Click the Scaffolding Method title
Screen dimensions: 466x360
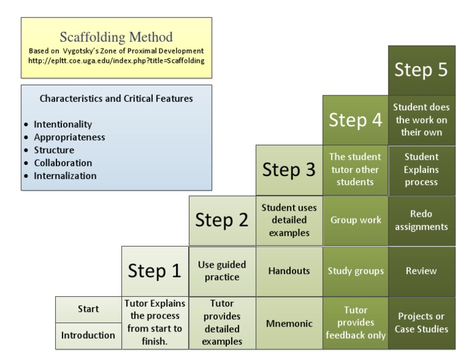click(116, 37)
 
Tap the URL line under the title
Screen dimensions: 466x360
click(116, 61)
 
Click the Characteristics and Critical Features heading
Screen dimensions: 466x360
click(116, 98)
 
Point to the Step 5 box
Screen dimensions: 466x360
click(422, 70)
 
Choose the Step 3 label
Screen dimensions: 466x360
click(289, 170)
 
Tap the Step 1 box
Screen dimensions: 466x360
click(155, 271)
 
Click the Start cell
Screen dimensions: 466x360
click(88, 309)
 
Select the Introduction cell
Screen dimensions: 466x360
click(88, 336)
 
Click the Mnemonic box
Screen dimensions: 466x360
click(289, 323)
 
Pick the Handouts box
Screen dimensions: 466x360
click(289, 271)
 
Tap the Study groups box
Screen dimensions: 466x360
click(356, 271)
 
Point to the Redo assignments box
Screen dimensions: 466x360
click(422, 220)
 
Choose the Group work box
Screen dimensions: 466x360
click(356, 220)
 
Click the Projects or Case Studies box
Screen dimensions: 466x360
click(422, 323)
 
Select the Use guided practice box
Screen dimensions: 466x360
click(222, 271)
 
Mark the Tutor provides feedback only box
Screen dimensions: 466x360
click(356, 323)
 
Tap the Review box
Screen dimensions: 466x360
click(422, 271)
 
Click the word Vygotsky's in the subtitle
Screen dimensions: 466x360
click(81, 51)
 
